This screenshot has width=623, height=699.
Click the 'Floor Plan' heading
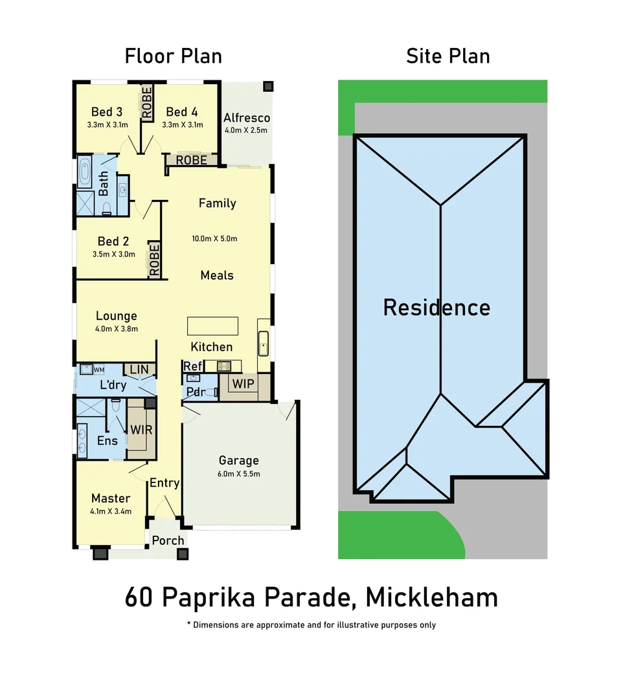[x=174, y=56]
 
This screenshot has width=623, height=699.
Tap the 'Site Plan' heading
[x=447, y=56]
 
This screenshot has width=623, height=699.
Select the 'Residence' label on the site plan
[x=436, y=307]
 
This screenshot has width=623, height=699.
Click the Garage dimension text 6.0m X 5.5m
[x=239, y=474]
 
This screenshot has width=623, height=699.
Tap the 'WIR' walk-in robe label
[x=141, y=429]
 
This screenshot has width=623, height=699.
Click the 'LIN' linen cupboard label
[x=139, y=369]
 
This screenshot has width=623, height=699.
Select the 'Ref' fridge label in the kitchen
[x=192, y=366]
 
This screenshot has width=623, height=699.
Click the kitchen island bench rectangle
[x=212, y=326]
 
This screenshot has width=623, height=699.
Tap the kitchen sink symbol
[x=264, y=344]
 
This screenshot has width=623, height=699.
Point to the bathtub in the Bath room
[x=85, y=172]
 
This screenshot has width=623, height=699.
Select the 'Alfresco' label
[x=246, y=118]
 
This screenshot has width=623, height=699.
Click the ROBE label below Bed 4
[x=192, y=160]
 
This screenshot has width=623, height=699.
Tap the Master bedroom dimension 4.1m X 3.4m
[x=111, y=511]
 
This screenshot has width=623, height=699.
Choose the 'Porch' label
[x=168, y=540]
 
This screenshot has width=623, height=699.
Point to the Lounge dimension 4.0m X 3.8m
[x=117, y=329]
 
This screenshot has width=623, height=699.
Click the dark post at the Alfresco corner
[x=268, y=86]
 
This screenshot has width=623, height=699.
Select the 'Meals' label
[x=217, y=275]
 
